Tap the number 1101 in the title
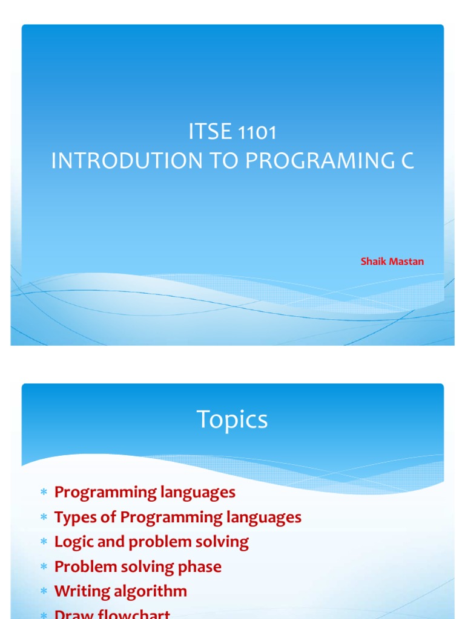(x=258, y=133)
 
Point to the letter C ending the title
(x=407, y=161)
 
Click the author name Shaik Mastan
(x=392, y=262)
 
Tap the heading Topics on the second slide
(x=232, y=420)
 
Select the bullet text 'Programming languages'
(x=145, y=492)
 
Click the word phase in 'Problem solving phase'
(x=200, y=567)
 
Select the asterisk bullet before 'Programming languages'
(x=44, y=493)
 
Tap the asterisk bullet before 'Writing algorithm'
(x=44, y=592)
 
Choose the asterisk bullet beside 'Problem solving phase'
(x=44, y=568)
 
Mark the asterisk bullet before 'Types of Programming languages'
(x=44, y=518)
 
